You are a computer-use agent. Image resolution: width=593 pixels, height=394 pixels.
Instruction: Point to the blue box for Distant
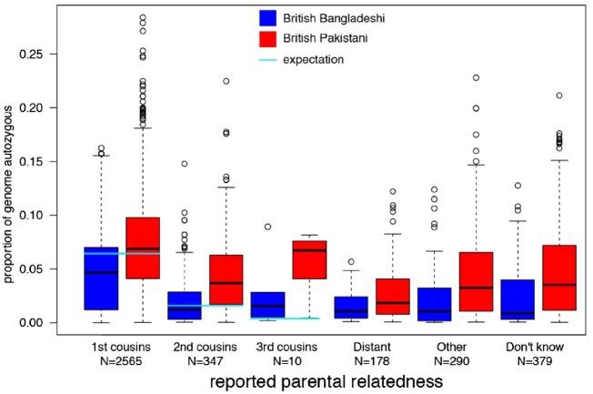coord(351,308)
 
